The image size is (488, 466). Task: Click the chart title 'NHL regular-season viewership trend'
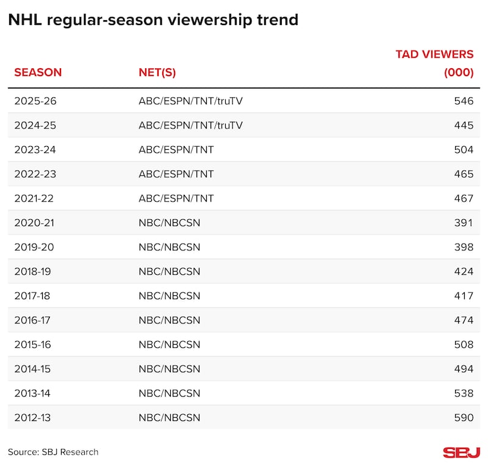[153, 20]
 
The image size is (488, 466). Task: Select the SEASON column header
[38, 72]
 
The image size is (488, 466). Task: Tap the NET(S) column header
[157, 72]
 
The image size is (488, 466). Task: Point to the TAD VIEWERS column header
[434, 63]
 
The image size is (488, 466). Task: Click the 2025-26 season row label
[35, 101]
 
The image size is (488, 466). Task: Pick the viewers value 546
[464, 101]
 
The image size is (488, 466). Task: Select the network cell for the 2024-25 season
[190, 125]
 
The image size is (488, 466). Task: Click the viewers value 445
[464, 125]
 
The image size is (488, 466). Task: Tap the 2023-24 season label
[35, 149]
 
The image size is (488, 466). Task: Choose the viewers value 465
[464, 174]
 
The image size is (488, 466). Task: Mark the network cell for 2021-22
[176, 198]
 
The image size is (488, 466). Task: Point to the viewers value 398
[464, 247]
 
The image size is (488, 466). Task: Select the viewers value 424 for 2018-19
[464, 271]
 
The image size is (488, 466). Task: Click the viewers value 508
[464, 344]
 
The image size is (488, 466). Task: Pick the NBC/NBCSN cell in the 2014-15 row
[169, 369]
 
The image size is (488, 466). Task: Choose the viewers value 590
[464, 417]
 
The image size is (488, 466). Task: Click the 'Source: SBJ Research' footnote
[53, 452]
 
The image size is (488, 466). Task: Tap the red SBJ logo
[461, 452]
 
